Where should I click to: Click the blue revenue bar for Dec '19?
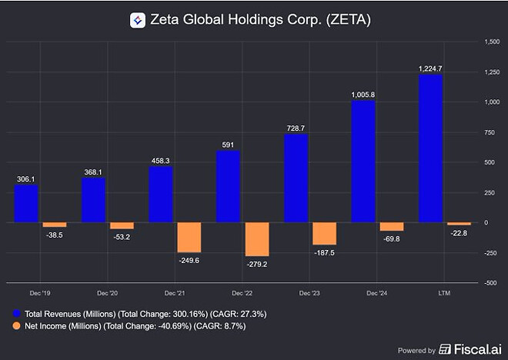tap(25, 204)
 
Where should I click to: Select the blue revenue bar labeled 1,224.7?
tap(430, 148)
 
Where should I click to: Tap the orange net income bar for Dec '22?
tap(256, 239)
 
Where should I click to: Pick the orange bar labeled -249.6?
tap(189, 237)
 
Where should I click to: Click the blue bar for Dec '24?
tap(363, 162)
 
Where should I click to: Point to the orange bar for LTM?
tap(459, 224)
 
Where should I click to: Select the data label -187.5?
tap(324, 252)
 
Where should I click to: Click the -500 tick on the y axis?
tap(490, 283)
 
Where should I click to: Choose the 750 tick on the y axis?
tap(492, 132)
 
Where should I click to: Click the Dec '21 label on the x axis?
tap(175, 293)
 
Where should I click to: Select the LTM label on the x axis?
tap(444, 293)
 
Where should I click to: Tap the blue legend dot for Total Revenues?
tap(18, 313)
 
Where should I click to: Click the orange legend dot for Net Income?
tap(18, 328)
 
